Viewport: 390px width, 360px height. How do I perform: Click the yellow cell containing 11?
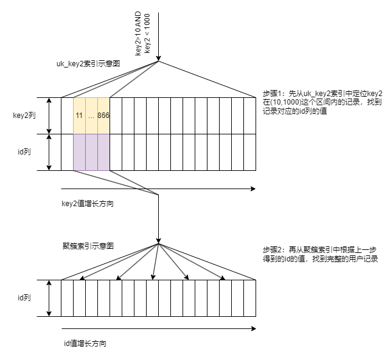click(79, 116)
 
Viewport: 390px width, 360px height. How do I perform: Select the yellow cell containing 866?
click(103, 116)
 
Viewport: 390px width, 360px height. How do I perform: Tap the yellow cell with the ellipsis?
click(91, 116)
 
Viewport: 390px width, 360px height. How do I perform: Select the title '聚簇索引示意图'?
click(88, 246)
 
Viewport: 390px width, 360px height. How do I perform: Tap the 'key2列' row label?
click(24, 114)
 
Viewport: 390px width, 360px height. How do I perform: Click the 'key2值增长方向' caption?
click(88, 203)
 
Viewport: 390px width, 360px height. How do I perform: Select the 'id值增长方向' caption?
click(86, 343)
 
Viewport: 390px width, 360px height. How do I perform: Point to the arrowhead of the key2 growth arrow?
click(252, 189)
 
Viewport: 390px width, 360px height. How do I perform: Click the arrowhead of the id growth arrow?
click(252, 329)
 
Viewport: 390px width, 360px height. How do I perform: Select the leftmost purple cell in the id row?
click(79, 152)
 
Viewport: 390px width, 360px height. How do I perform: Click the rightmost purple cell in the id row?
click(103, 152)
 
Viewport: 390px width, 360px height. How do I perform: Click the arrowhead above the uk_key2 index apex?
click(158, 58)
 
